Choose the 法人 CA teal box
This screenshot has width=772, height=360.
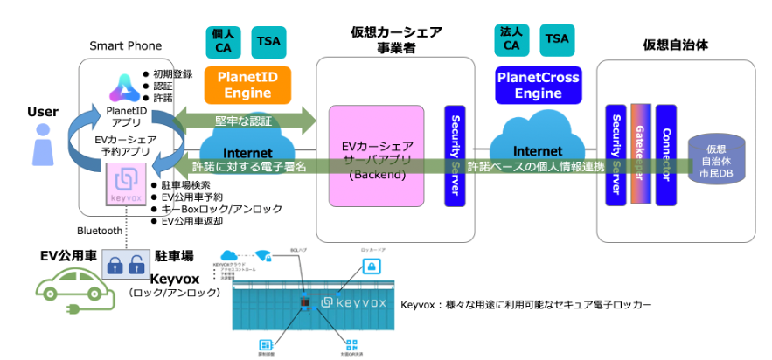[511, 40]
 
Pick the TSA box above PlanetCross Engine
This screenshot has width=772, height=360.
[556, 40]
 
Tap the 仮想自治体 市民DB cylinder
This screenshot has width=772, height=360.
[714, 161]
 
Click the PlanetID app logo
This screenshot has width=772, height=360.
[120, 88]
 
